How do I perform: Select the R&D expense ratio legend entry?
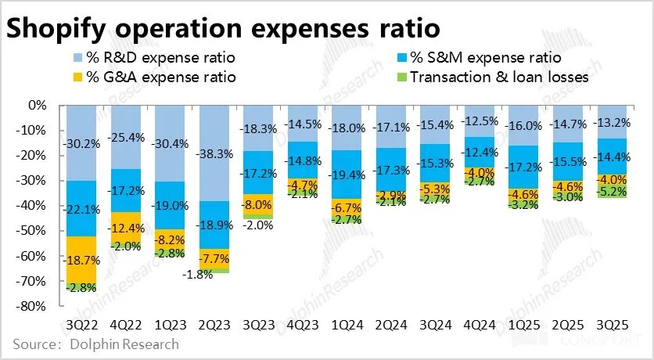153,58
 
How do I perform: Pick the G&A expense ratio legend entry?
153,77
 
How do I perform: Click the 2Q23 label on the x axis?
214,322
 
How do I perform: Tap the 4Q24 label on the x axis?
480,322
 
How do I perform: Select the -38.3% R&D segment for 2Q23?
215,153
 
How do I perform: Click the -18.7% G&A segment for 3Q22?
82,260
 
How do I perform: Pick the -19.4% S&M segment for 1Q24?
348,175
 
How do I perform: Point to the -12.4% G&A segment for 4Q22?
126,227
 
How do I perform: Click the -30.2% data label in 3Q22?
82,144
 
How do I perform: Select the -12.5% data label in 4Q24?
480,121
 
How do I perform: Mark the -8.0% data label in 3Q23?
259,205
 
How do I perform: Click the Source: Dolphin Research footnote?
95,344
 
